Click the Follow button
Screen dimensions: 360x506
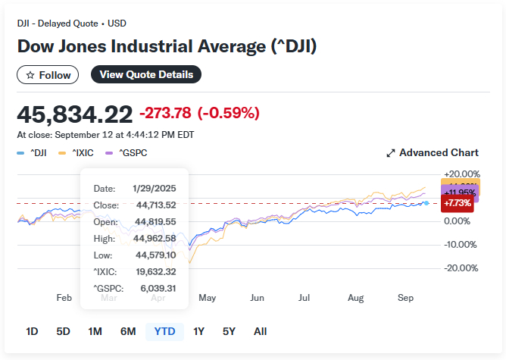pyautogui.click(x=48, y=74)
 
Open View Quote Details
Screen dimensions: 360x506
pyautogui.click(x=146, y=74)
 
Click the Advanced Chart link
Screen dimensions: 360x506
pyautogui.click(x=433, y=152)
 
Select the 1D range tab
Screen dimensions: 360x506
pyautogui.click(x=32, y=331)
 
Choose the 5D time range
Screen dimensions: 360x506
pyautogui.click(x=63, y=331)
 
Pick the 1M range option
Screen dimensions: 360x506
pyautogui.click(x=95, y=331)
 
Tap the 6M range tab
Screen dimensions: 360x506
pyautogui.click(x=128, y=331)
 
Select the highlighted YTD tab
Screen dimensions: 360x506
pyautogui.click(x=164, y=331)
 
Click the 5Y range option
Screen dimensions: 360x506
pyautogui.click(x=229, y=331)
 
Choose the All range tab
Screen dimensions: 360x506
pyautogui.click(x=260, y=331)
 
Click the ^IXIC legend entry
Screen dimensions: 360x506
pyautogui.click(x=78, y=152)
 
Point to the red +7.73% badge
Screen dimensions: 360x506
pyautogui.click(x=457, y=203)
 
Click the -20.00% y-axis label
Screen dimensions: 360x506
pyautogui.click(x=461, y=268)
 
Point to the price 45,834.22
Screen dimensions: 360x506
pyautogui.click(x=74, y=114)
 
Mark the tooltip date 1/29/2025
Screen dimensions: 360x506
pyautogui.click(x=155, y=188)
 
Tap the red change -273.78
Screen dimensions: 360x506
pyautogui.click(x=165, y=114)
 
